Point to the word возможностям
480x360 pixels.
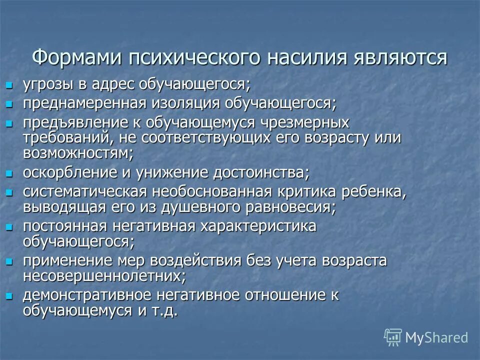77,152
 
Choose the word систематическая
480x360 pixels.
84,191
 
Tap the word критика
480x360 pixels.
310,191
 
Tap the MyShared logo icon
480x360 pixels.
393,336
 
